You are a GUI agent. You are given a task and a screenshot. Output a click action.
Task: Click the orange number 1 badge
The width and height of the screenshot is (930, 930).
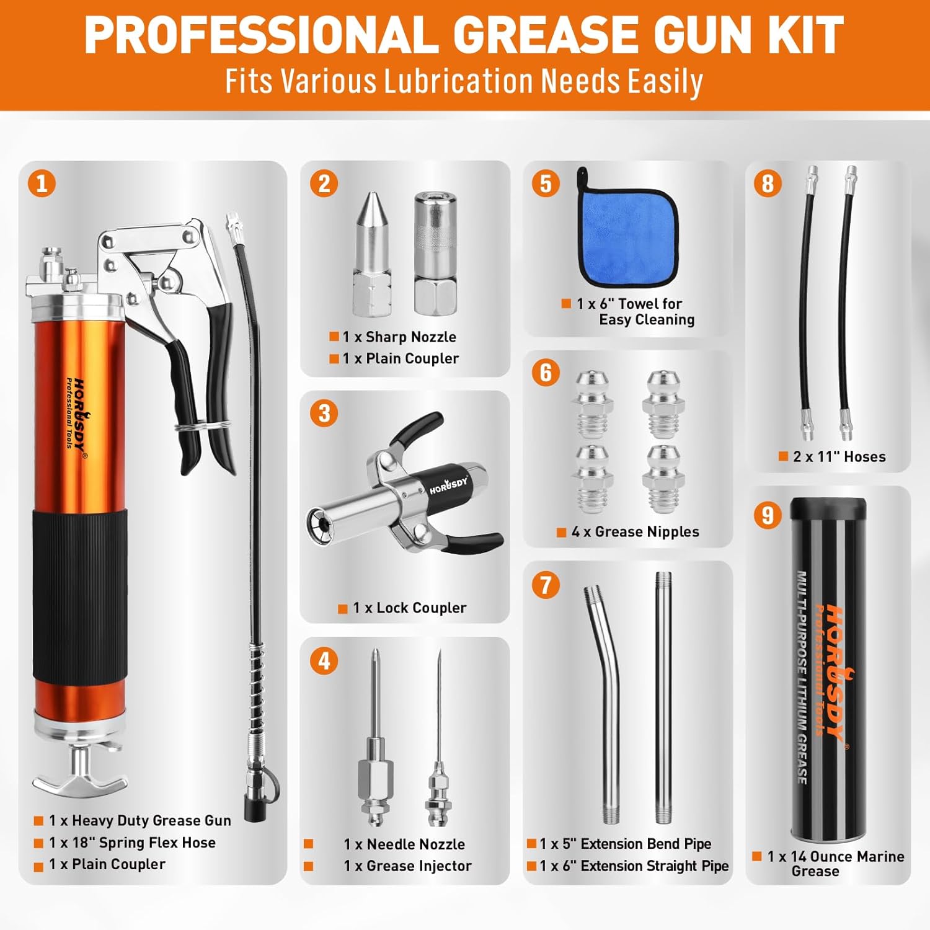(x=42, y=184)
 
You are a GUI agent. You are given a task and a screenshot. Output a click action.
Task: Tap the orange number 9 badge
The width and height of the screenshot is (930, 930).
(x=768, y=515)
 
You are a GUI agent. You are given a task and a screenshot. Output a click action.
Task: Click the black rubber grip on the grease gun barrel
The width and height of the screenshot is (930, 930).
(x=80, y=595)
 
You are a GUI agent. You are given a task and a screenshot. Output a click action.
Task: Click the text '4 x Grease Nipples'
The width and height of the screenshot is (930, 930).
(x=635, y=532)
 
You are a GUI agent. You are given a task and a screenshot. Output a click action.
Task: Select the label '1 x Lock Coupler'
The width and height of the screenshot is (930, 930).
(x=409, y=608)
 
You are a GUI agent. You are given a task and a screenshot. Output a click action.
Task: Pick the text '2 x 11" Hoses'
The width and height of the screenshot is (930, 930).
(x=839, y=457)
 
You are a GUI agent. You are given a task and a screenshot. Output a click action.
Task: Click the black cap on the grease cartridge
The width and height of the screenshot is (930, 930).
(x=828, y=510)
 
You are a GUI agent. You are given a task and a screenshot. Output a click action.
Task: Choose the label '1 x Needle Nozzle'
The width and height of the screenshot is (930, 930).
(x=404, y=844)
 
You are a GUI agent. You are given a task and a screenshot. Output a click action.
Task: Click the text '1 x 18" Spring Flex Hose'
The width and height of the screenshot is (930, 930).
(x=132, y=843)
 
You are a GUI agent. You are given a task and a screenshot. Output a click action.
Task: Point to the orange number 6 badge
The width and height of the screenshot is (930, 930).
(x=546, y=373)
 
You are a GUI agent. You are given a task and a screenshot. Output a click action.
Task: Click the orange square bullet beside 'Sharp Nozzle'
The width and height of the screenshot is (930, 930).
(x=334, y=337)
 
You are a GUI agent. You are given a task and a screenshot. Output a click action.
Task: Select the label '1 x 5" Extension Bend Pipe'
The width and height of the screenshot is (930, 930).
(x=625, y=844)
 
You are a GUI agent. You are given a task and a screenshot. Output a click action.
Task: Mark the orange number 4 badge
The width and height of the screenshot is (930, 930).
(x=324, y=661)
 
